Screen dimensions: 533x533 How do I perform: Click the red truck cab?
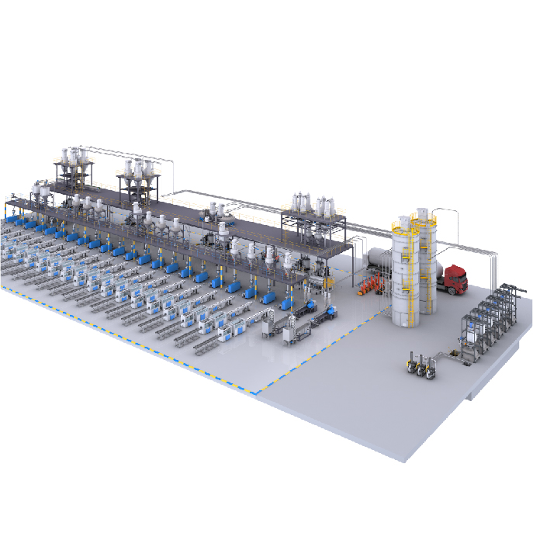point(456,280)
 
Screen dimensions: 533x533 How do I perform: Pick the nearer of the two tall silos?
point(405,279)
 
